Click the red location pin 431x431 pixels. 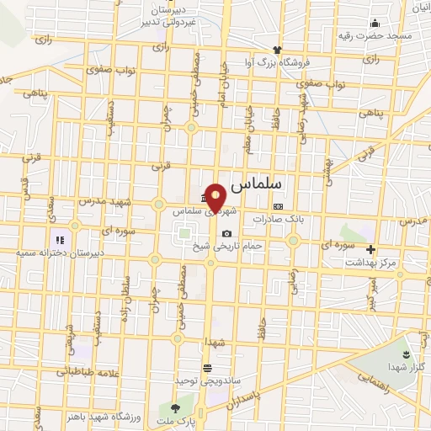pos(216,198)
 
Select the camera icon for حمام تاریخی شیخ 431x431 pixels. pos(226,233)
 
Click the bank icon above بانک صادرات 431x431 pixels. pos(278,205)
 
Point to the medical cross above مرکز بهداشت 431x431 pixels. pos(371,249)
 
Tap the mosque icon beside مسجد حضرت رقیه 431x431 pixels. pos(352,23)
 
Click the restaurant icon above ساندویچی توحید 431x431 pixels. pos(207,368)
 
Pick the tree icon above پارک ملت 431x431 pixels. pos(178,407)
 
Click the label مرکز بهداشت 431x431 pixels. pos(373,262)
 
